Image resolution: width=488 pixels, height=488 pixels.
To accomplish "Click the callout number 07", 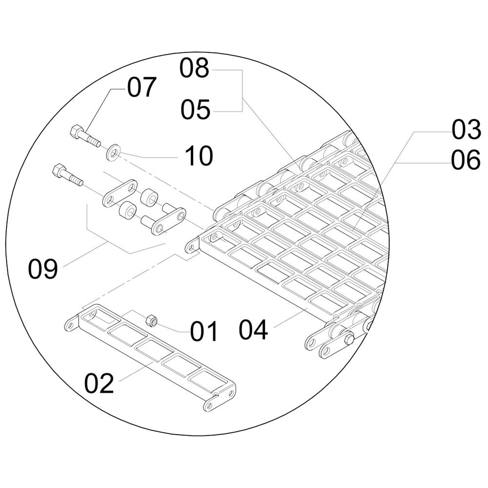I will [x=142, y=88].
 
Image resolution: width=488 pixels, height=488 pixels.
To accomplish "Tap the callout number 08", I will [x=194, y=69].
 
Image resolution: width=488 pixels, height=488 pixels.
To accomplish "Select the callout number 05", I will [x=195, y=110].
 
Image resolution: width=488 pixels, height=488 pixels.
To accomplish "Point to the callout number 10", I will [x=199, y=156].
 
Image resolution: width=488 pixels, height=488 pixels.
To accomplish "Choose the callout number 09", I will [x=43, y=269].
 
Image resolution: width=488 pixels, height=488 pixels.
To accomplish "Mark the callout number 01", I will [x=204, y=332].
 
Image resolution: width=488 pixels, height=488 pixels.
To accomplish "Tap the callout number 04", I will [x=253, y=330].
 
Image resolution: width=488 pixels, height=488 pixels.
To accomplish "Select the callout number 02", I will [x=99, y=383].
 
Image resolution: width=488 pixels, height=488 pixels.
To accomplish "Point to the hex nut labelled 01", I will [x=151, y=321].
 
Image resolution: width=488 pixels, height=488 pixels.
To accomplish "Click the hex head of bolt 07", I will [x=76, y=131].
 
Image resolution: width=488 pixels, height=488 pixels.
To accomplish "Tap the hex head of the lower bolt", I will [x=57, y=171].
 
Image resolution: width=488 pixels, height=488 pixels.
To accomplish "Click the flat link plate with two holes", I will [x=120, y=193].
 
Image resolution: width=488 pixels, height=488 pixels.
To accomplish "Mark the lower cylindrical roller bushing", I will [x=127, y=211].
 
